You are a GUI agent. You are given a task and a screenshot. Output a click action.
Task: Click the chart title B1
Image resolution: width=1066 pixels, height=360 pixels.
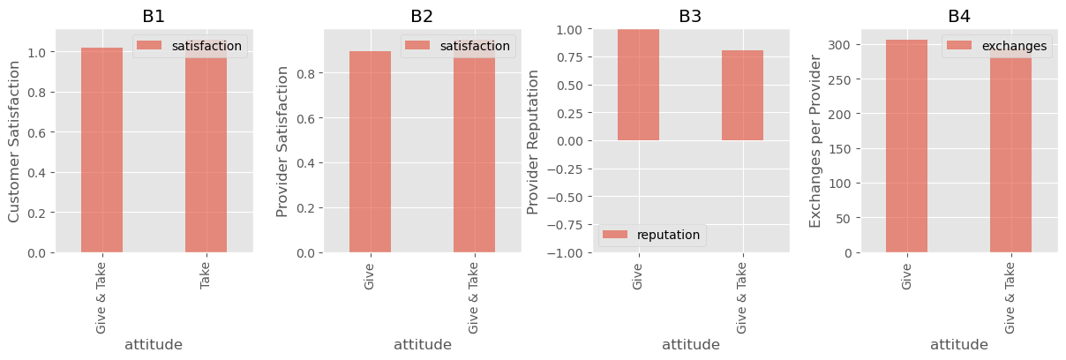click(x=154, y=16)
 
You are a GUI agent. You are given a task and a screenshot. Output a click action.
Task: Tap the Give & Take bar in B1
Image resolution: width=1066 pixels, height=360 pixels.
click(x=101, y=150)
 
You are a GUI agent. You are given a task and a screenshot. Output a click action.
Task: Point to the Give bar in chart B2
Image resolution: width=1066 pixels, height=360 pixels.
click(x=371, y=152)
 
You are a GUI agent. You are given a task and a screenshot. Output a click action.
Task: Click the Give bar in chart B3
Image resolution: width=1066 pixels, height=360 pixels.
click(x=638, y=85)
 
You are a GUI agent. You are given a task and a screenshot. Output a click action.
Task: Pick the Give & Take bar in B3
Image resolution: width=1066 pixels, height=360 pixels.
click(x=742, y=95)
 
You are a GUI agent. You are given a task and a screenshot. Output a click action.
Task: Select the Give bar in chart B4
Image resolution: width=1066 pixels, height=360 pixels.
click(x=906, y=146)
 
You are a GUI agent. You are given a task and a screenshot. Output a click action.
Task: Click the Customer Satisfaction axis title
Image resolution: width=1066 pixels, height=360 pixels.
click(x=13, y=141)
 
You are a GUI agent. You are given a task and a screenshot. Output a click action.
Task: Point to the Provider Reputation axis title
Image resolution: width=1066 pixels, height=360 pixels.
click(x=532, y=142)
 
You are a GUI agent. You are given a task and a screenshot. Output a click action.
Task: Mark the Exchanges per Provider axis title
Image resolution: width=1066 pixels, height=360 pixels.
click(x=815, y=141)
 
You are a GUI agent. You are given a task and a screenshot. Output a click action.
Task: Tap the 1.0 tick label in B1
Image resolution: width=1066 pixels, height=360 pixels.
click(x=37, y=52)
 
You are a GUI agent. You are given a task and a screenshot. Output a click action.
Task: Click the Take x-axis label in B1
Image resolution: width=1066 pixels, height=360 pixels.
click(x=205, y=275)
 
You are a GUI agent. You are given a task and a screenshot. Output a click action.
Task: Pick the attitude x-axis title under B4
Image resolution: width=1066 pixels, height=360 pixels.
click(x=959, y=344)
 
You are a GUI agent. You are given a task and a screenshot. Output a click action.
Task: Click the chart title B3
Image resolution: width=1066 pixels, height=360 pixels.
click(x=690, y=16)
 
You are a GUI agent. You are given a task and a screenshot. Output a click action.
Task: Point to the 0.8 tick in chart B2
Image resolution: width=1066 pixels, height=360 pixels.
click(x=305, y=73)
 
